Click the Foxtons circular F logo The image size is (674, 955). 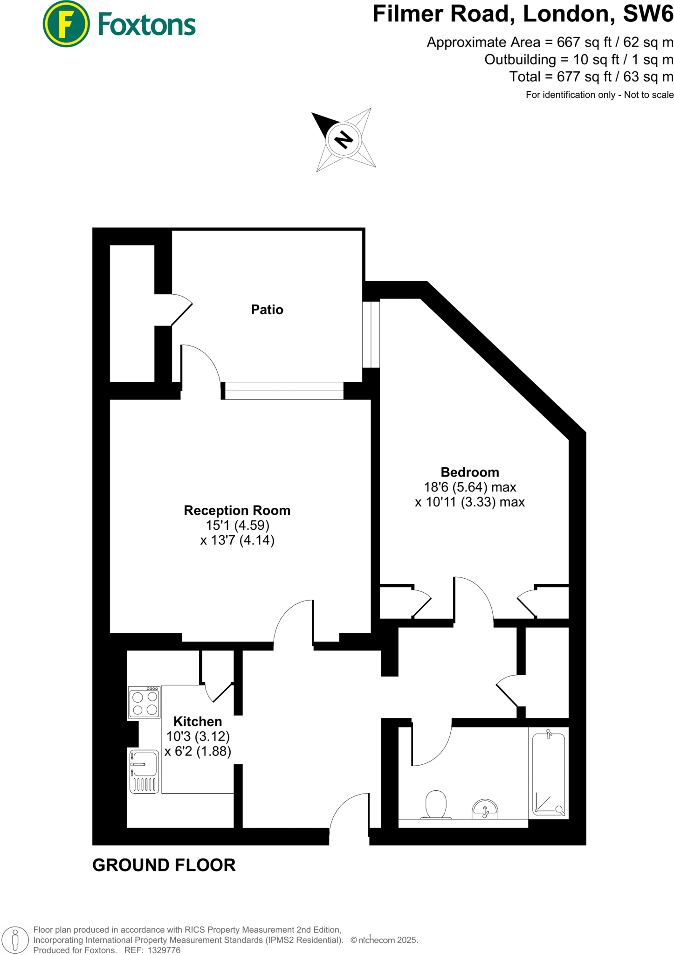(66, 24)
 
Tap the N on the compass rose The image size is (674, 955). (344, 139)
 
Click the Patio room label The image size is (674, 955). (267, 310)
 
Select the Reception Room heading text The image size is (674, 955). (237, 511)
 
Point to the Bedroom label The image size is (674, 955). (469, 472)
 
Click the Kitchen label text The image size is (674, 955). (198, 721)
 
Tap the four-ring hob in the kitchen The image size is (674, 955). (144, 703)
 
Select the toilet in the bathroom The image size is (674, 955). (436, 804)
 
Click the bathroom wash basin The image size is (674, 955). (485, 810)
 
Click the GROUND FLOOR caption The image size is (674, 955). (164, 865)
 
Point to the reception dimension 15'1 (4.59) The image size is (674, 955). (238, 526)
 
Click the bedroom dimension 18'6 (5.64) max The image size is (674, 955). (469, 487)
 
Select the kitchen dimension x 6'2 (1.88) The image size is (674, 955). (198, 751)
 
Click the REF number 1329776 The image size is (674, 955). (164, 950)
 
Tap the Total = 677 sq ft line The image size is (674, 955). (591, 77)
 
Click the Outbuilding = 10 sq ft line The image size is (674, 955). (578, 60)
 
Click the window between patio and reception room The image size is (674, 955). (284, 390)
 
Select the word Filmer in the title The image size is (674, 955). (408, 14)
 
